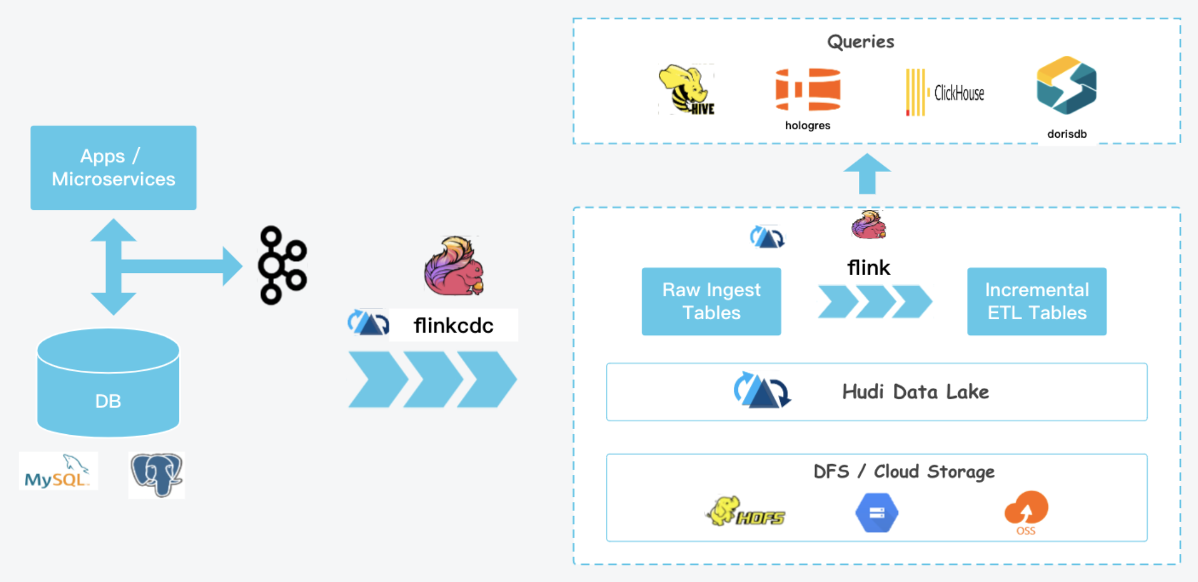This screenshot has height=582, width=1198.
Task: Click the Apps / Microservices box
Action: click(113, 167)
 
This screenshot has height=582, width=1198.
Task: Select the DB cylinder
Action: click(108, 383)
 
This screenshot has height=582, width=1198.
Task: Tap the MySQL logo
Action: click(58, 471)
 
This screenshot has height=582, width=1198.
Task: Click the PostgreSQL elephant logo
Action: click(157, 475)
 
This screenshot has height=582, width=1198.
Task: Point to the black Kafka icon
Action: click(282, 265)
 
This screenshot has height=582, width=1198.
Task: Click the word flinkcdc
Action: click(453, 325)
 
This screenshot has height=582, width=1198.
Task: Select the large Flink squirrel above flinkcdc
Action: click(455, 266)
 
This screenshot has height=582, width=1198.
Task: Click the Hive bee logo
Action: click(686, 90)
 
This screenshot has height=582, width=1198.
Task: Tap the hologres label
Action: click(808, 125)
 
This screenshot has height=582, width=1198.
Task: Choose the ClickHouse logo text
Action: click(959, 93)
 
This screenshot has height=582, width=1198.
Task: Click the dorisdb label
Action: click(1067, 134)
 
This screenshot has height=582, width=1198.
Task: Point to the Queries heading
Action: click(861, 41)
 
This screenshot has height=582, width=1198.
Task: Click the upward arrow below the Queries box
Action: click(867, 174)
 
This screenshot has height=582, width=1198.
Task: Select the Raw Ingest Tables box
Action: click(711, 301)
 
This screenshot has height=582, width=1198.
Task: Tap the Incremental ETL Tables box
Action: click(1037, 301)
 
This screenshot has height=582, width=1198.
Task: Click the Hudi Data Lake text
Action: click(915, 392)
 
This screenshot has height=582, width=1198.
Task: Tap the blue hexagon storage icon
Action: click(877, 513)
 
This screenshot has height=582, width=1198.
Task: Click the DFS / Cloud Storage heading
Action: click(904, 471)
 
